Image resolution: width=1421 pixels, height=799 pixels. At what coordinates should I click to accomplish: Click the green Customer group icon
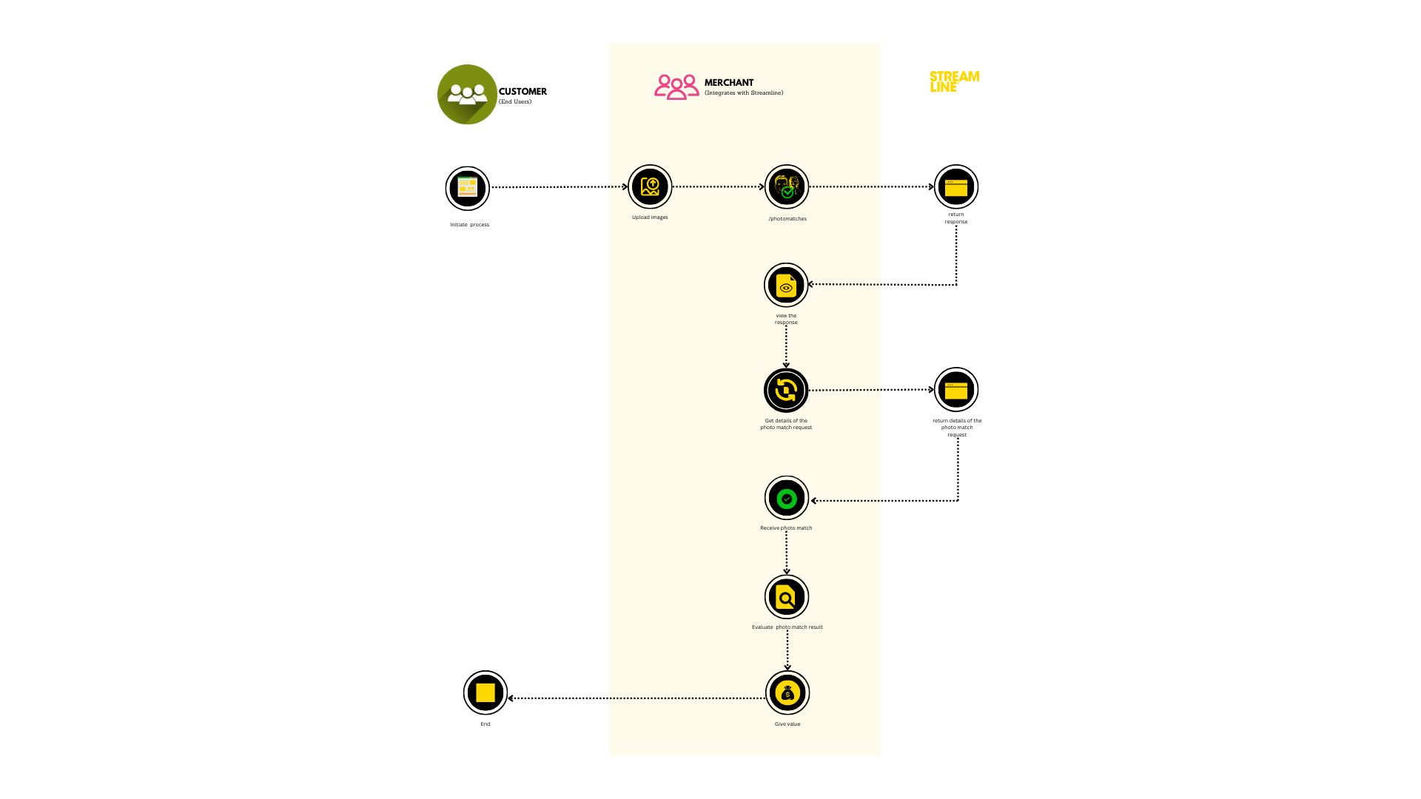click(467, 95)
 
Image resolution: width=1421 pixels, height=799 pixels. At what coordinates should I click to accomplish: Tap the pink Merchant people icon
click(676, 87)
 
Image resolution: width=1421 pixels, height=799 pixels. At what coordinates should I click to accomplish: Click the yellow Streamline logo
click(954, 81)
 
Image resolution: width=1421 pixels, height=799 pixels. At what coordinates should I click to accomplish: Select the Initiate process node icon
click(467, 188)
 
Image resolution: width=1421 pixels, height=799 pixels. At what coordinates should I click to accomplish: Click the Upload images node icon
click(650, 186)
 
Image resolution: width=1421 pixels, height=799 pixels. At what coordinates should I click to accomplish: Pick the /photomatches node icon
click(786, 186)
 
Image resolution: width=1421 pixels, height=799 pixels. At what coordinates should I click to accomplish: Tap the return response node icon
click(955, 186)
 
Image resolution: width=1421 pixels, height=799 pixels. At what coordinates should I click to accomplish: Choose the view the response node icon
click(786, 285)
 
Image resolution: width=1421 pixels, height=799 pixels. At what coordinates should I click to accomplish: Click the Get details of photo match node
click(786, 390)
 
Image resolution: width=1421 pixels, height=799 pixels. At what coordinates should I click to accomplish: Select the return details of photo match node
click(955, 389)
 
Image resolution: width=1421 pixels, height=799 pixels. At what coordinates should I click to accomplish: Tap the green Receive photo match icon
click(786, 499)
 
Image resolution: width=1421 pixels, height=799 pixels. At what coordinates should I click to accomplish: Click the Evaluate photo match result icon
click(786, 597)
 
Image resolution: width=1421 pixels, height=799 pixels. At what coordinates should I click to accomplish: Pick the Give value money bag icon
click(787, 693)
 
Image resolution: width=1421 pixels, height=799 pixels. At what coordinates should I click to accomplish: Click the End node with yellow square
click(485, 692)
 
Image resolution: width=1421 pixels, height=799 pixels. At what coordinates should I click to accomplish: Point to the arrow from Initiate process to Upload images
click(559, 187)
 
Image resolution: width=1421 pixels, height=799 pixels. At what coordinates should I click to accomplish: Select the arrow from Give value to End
click(636, 698)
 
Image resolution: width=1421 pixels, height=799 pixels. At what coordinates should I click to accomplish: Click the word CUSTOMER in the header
click(523, 92)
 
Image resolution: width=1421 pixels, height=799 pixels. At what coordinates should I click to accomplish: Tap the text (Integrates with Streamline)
click(744, 93)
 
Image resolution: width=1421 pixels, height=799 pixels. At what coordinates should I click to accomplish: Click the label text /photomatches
click(787, 219)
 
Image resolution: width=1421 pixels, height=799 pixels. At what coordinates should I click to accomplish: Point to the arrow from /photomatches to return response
click(871, 186)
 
